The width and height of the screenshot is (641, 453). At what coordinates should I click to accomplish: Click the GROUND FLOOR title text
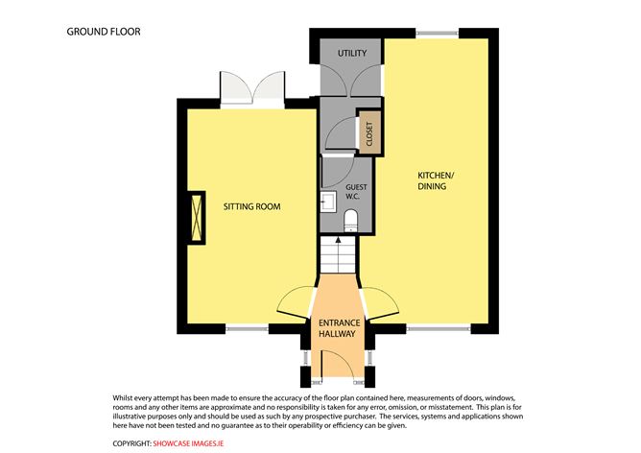click(x=104, y=32)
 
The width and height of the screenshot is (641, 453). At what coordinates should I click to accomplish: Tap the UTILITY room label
click(x=351, y=54)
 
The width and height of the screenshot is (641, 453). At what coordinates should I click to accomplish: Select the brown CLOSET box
click(x=369, y=133)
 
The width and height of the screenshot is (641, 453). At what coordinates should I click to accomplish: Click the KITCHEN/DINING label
click(x=438, y=180)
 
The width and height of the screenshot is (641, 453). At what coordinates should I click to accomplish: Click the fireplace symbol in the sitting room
click(x=197, y=218)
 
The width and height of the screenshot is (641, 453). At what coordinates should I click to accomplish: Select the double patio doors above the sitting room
click(x=251, y=87)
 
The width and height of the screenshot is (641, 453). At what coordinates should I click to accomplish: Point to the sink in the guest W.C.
click(x=328, y=200)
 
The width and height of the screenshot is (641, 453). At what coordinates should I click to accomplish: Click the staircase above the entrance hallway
click(x=337, y=253)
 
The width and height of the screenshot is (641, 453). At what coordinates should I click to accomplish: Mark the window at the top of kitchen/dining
click(x=438, y=35)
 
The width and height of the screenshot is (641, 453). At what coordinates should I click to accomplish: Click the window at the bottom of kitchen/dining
click(x=437, y=329)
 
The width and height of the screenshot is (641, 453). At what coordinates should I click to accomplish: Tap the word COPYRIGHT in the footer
click(x=131, y=442)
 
